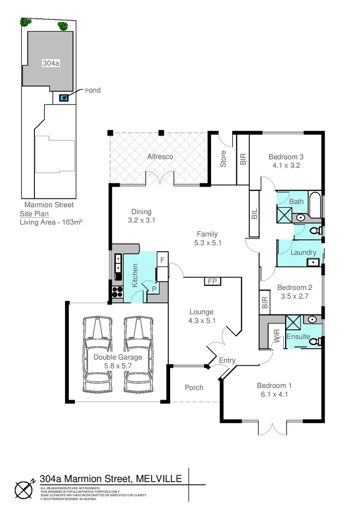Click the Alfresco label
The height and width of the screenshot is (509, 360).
click(160, 156)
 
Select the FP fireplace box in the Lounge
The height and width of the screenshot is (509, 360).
click(212, 281)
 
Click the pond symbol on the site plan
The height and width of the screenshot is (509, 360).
click(63, 98)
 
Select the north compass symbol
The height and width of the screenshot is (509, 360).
click(24, 489)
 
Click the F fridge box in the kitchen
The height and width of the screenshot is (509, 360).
click(162, 260)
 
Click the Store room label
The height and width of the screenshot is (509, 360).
click(223, 159)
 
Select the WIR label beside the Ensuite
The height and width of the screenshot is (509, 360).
click(277, 335)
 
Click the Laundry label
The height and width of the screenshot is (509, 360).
click(303, 252)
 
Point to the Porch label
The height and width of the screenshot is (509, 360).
click(194, 387)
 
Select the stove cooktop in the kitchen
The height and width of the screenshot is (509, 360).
click(116, 292)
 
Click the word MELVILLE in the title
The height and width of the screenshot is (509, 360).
click(159, 479)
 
